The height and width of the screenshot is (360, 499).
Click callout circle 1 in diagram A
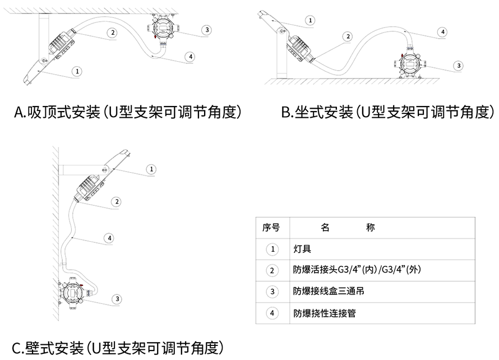78,71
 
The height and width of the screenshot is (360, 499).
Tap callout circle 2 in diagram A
113,33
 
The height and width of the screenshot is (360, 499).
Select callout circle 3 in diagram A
207,30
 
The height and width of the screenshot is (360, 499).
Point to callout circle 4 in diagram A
191,57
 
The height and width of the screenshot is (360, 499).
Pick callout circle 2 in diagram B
348,36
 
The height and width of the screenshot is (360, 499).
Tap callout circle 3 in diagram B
459,66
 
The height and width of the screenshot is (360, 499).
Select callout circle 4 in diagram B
443,32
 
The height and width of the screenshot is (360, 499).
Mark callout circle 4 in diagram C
110,238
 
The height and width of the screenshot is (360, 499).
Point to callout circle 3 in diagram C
117,299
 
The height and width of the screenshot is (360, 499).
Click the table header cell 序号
271,228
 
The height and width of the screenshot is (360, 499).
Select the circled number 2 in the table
272,270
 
